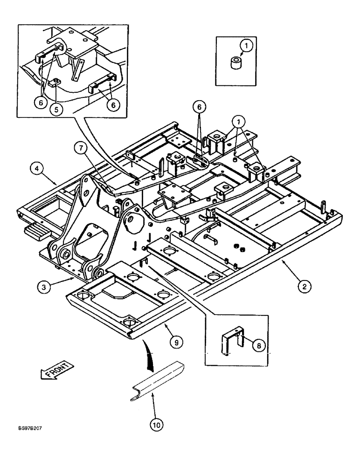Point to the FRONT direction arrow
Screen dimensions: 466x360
click(55, 370)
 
